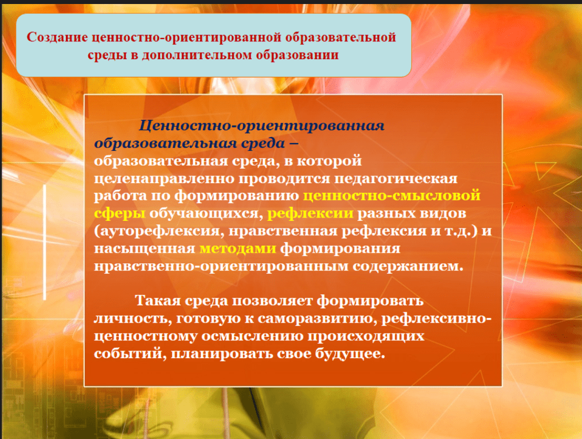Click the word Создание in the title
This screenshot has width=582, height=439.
[57, 37]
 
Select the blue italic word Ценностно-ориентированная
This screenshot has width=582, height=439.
[261, 126]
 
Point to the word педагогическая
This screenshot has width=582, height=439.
[396, 178]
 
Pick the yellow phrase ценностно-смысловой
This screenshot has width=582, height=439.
[392, 195]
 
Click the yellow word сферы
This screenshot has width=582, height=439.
[119, 213]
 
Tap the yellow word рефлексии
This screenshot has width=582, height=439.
[310, 213]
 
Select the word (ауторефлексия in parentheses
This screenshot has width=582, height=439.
[157, 231]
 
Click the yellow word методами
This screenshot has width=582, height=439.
[237, 248]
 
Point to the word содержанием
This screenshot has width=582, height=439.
[408, 266]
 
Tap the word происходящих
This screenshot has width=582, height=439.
[365, 336]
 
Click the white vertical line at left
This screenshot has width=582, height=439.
[45, 242]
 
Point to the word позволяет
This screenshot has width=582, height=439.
[272, 301]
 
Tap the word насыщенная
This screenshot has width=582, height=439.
[144, 248]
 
